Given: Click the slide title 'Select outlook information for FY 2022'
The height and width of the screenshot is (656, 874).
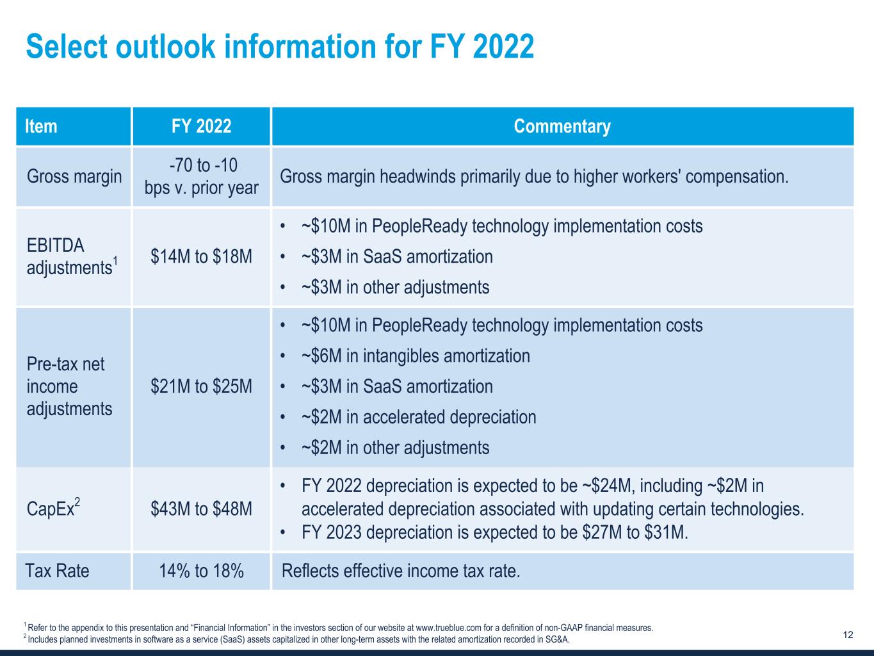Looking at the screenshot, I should click(280, 47).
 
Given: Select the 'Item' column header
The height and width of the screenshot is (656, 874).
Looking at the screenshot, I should click(42, 126).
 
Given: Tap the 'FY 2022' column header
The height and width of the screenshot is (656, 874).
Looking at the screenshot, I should click(201, 126).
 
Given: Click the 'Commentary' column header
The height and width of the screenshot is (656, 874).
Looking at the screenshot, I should click(562, 126).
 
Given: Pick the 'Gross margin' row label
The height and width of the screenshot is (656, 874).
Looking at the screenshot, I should click(74, 176).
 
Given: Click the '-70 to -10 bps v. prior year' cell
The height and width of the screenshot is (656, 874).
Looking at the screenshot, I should click(201, 176).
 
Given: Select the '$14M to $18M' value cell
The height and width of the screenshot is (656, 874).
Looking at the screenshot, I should click(201, 256).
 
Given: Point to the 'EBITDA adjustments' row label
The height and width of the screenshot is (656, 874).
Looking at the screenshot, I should click(70, 256).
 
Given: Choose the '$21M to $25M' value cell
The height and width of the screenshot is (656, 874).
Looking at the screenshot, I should click(201, 386).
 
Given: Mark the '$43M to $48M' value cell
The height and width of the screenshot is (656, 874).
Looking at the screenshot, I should click(201, 509).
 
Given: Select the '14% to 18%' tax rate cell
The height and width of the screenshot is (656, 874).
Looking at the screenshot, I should click(201, 571).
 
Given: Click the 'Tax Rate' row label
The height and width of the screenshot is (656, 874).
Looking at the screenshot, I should click(57, 571).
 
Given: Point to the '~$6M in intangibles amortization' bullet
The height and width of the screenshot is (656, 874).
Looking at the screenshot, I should click(416, 356).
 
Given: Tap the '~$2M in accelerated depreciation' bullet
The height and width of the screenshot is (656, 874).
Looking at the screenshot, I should click(419, 417).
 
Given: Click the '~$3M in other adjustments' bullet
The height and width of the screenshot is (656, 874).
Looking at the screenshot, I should click(395, 287).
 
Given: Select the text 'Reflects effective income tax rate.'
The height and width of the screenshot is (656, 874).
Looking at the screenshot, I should click(401, 571).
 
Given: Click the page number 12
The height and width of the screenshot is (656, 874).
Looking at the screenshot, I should click(848, 635).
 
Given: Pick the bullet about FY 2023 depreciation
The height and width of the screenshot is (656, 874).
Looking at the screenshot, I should click(494, 532).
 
